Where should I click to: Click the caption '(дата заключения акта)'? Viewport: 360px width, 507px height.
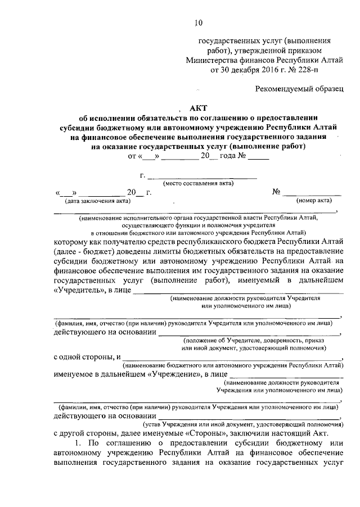(98, 201)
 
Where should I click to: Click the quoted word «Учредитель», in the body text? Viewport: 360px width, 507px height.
(79, 290)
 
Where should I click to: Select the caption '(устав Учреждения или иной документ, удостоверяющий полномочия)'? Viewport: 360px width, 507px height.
(243, 424)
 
